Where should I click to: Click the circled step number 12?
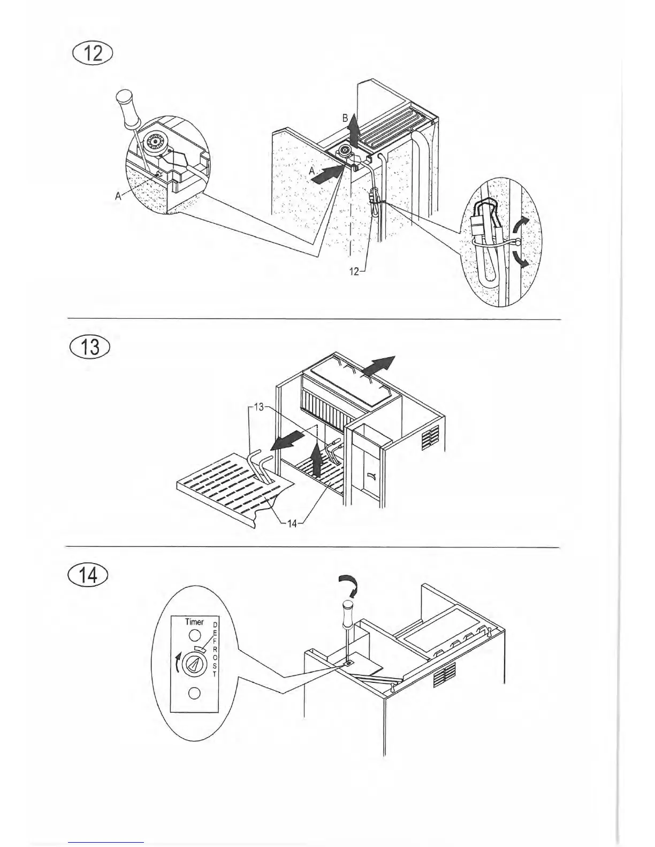[x=93, y=55]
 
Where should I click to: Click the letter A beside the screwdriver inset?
[x=118, y=196]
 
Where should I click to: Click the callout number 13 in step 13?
[x=259, y=407]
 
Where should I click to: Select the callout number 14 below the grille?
[x=292, y=523]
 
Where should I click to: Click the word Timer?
[x=194, y=622]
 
